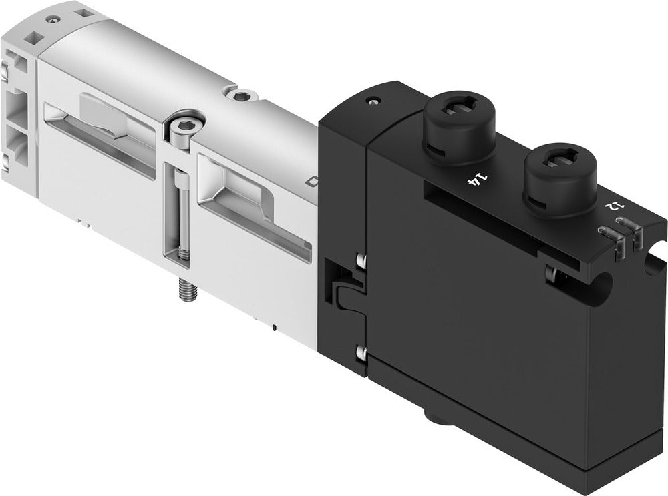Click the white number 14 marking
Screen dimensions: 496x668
click(476, 178)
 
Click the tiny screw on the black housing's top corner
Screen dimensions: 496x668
click(371, 102)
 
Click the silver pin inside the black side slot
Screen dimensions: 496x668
click(552, 273)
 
